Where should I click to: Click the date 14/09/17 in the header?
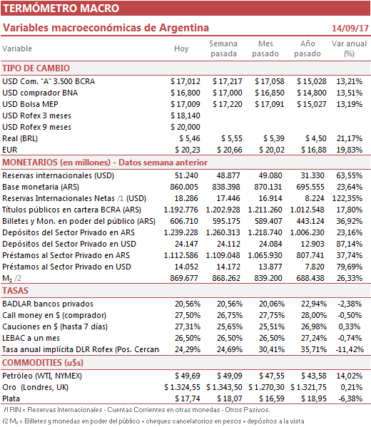point(350,28)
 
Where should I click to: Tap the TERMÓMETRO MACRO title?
point(61,8)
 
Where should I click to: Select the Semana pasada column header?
point(223,48)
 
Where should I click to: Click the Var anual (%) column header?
point(349,48)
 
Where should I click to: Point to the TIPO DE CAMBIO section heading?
point(36,68)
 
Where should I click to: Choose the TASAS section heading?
point(15,291)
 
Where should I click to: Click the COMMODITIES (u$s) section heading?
point(43,363)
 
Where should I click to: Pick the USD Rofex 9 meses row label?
point(37,127)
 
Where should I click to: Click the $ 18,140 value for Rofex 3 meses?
point(185,115)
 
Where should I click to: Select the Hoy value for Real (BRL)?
point(190,138)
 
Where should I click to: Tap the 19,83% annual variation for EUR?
point(349,150)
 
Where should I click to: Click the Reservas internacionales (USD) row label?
point(58,175)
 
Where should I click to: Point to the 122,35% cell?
point(347,198)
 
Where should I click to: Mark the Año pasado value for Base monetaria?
point(310,187)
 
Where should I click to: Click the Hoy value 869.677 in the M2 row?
point(184,278)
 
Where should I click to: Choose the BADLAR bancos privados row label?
point(48,304)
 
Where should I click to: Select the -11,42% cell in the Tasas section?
point(350,349)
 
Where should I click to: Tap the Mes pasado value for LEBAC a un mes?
point(272,338)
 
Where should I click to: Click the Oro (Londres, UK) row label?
point(35,387)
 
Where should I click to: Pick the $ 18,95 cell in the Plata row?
point(314,398)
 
